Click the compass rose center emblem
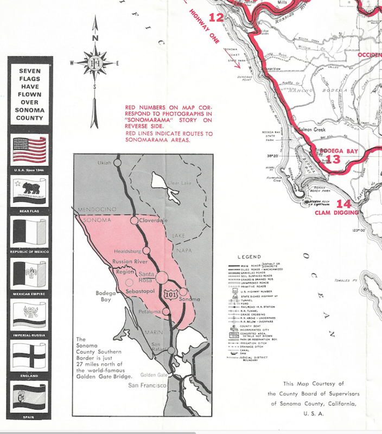click(95, 62)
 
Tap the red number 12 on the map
click(215, 17)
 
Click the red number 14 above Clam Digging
click(343, 204)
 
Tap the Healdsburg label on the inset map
click(128, 251)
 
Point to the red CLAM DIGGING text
click(337, 213)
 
